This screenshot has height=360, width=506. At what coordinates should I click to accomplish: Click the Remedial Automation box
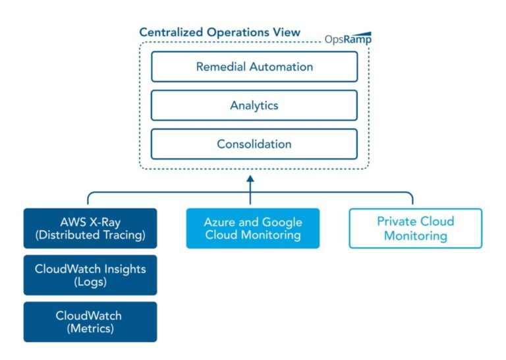pos(254,67)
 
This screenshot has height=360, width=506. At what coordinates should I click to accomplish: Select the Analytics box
pos(254,105)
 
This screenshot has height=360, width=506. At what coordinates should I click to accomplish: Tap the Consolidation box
pos(254,144)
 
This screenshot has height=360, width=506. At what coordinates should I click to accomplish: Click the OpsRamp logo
pos(348,38)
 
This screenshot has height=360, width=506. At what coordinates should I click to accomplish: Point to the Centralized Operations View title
pos(219,32)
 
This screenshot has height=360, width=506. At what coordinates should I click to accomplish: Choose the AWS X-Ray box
pos(90,228)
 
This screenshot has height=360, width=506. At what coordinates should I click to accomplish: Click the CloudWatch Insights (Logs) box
pos(90,275)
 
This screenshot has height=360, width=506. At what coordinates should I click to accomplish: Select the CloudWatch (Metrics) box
pos(90,322)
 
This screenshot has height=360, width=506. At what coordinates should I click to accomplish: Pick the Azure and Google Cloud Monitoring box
pos(252,228)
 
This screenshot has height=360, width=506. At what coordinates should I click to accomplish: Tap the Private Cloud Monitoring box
pos(415,228)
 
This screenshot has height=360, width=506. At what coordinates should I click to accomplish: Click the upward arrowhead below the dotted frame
pos(250,179)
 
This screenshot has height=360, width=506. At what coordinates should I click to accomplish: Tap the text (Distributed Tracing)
pos(90,235)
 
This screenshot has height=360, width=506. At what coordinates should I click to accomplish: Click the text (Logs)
pos(90,282)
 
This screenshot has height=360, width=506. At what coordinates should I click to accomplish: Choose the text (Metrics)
pos(90,328)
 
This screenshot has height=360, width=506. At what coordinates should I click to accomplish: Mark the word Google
pos(283,222)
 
